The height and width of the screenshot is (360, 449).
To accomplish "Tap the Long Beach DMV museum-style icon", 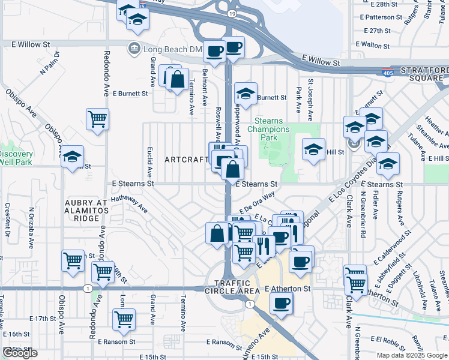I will point(134,48).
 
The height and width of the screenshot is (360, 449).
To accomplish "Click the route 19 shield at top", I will point(232,13).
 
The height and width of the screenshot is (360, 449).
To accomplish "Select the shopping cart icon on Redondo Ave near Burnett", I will point(97,118).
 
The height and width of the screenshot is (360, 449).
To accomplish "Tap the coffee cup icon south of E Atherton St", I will point(280,302).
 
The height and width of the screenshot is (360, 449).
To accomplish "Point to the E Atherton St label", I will point(288,289).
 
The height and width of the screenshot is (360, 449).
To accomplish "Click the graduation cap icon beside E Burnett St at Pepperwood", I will point(245,94).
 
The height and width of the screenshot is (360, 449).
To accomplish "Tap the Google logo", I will point(20,353).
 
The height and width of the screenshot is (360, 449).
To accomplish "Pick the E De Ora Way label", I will point(257,202).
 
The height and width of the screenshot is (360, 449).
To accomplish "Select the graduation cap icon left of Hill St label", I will point(313,150).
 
